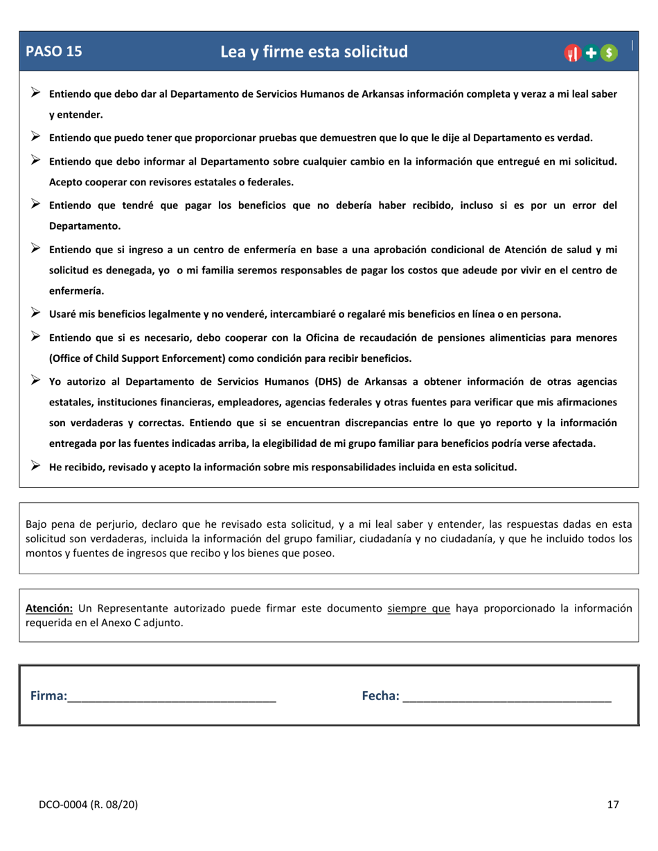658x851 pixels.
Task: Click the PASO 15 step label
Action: [x=54, y=51]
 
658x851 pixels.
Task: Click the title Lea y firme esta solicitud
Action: [x=314, y=52]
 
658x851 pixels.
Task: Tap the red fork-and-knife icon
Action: [x=572, y=53]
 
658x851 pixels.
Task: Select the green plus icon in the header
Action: [x=591, y=53]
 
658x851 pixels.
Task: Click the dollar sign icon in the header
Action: [x=609, y=53]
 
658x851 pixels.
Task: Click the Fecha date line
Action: [x=506, y=697]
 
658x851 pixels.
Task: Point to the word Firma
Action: [x=48, y=696]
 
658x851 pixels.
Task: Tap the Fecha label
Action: [x=380, y=696]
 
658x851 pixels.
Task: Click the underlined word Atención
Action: [x=49, y=609]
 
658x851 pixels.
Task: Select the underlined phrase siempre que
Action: [x=419, y=609]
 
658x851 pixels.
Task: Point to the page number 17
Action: [x=612, y=804]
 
